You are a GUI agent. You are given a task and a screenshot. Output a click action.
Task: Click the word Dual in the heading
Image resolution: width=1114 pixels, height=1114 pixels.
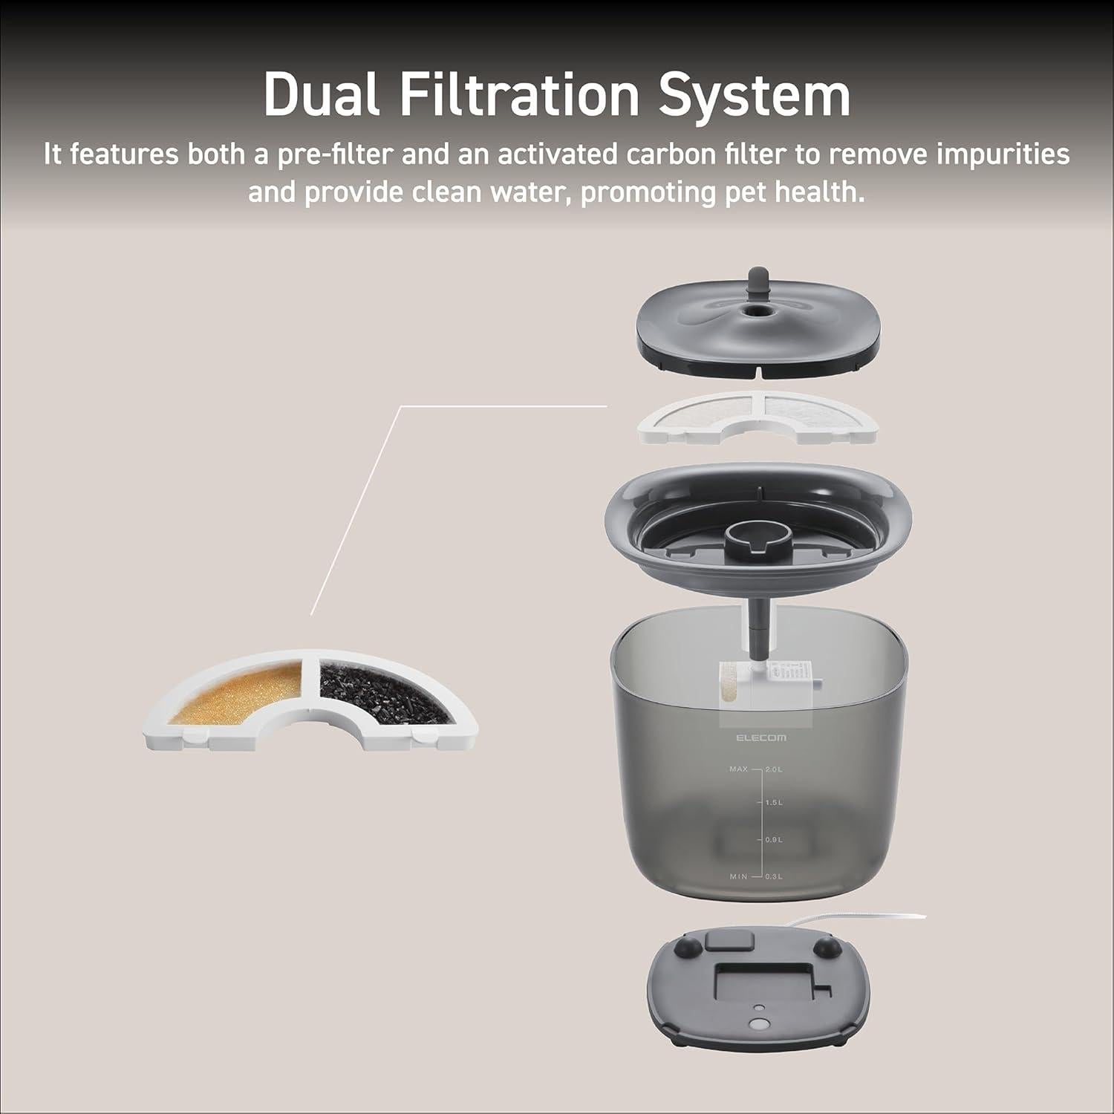(321, 95)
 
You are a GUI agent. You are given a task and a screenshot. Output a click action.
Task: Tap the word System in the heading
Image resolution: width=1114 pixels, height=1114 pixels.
(755, 95)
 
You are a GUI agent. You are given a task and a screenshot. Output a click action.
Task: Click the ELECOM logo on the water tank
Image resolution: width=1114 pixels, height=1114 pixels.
(762, 737)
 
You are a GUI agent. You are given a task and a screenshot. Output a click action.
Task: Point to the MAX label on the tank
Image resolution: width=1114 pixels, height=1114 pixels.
(737, 769)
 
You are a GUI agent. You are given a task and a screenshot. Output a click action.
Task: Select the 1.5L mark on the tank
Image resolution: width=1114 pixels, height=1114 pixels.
(773, 803)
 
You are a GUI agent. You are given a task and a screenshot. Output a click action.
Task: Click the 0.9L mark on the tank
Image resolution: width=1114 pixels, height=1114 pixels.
(773, 839)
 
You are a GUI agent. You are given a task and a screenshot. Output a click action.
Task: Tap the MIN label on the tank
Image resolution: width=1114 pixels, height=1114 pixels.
(738, 876)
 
